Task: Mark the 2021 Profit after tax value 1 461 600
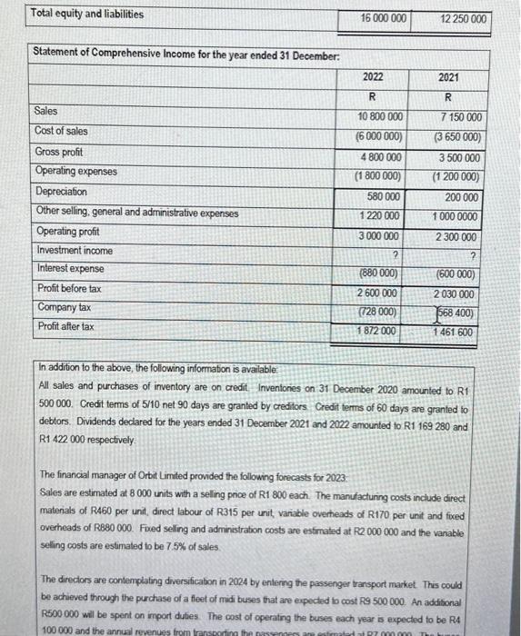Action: click(x=455, y=333)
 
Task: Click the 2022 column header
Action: click(x=374, y=77)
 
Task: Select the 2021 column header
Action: click(x=448, y=77)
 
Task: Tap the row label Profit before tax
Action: click(x=67, y=288)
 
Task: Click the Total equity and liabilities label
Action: click(x=86, y=14)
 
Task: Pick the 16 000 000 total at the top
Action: click(x=383, y=18)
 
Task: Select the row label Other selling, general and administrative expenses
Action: click(x=136, y=213)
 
